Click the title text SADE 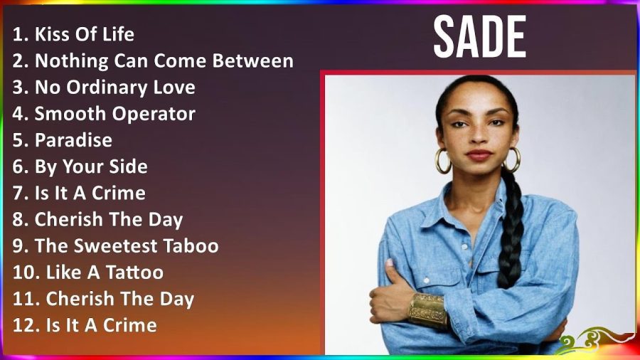479,37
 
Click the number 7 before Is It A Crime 19,194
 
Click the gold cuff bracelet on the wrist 427,310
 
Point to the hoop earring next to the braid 511,159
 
